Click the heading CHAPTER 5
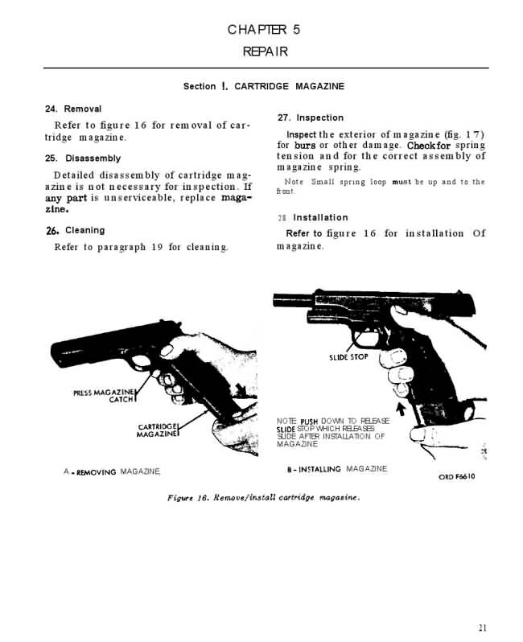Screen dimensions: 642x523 pos(264,30)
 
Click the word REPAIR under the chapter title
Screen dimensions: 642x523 pos(265,51)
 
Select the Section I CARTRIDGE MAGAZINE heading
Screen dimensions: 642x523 pos(264,86)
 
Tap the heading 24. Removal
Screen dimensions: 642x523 pos(72,109)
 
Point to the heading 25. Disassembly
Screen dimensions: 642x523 pos(83,158)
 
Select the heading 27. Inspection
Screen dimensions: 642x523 pos(310,117)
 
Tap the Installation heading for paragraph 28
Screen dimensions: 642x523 pos(319,217)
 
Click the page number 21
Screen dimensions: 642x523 pos(481,628)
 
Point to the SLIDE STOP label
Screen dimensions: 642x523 pos(348,356)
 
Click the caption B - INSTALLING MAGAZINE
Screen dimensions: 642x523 pos(337,469)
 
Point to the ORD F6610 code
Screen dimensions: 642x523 pos(458,476)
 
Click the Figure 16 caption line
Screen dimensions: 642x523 pos(262,496)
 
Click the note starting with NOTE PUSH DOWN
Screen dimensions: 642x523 pos(332,432)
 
